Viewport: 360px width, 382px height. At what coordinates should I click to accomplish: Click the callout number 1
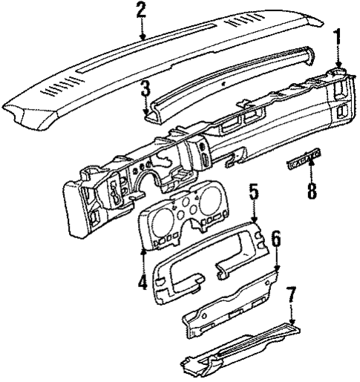(338, 37)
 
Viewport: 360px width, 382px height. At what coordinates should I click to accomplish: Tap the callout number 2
(142, 10)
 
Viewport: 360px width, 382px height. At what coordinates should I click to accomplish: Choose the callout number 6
(275, 240)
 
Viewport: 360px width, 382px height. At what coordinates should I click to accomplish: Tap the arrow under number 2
(142, 30)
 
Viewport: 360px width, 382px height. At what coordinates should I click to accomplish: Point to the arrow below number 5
(254, 217)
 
